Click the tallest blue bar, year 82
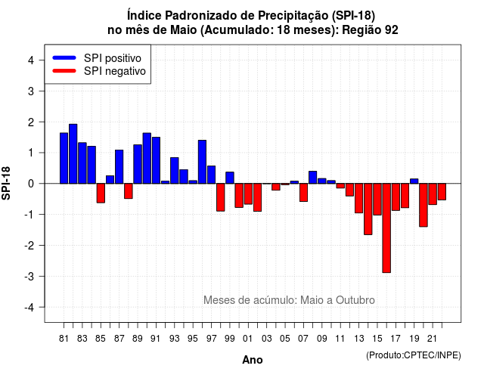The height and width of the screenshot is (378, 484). pos(73,153)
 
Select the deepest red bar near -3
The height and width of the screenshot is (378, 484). pos(386,228)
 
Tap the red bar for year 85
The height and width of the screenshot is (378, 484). pos(101,194)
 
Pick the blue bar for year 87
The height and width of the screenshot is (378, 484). pos(119,166)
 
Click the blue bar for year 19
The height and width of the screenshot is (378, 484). pos(414,181)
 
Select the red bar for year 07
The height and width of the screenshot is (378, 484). pos(303,193)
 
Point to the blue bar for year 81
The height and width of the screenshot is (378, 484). pos(64,158)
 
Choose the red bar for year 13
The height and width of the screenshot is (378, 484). pos(359,198)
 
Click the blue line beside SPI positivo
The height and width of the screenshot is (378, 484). pos(64,57)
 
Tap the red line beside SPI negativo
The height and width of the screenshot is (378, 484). pos(64,70)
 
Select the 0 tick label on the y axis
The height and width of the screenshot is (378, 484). pos(31,184)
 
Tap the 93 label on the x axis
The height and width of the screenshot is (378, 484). pos(175,339)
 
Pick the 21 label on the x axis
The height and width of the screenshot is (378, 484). pos(433,339)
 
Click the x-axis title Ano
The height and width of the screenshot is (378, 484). pos(253,360)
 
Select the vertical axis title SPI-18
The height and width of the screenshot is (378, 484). pos(6,183)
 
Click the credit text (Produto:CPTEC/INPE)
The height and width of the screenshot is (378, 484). pos(414,355)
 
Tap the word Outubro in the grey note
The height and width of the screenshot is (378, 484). pos(355,300)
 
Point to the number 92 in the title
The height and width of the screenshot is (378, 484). pos(392,30)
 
